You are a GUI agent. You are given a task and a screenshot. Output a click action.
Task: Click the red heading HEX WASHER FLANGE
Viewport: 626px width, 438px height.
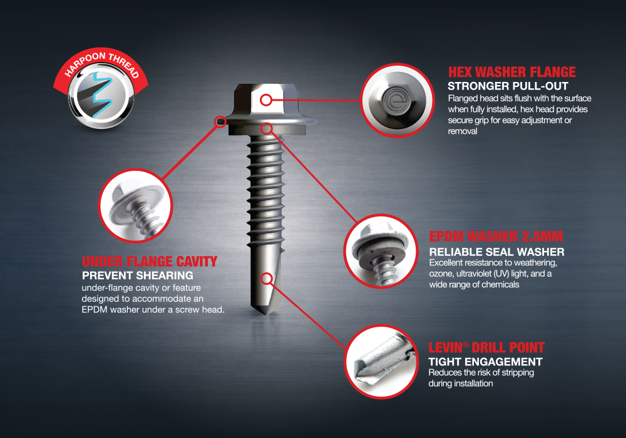[x=512, y=72]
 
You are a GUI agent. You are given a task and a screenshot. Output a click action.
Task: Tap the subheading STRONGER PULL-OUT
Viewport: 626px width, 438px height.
[x=508, y=86]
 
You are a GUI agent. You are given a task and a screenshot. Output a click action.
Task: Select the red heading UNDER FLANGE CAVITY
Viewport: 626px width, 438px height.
[x=150, y=262]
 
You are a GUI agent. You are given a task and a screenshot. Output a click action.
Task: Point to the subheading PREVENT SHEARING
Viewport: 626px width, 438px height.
[x=138, y=276]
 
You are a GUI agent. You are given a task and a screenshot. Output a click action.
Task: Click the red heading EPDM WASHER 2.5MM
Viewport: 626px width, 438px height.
[x=496, y=236]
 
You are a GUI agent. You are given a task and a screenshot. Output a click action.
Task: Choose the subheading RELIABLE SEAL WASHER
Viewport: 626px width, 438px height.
[x=496, y=252]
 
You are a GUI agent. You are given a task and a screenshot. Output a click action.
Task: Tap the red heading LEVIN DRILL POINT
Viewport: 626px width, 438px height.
[x=486, y=347]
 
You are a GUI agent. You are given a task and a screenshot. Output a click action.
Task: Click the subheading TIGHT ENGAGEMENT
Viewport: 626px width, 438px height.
[x=486, y=362]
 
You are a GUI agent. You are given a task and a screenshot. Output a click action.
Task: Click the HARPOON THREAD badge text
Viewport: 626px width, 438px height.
[x=102, y=64]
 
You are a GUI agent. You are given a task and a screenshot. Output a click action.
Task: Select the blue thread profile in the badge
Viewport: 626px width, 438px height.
[x=101, y=95]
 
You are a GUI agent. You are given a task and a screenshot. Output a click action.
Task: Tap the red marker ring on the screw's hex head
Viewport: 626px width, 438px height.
[x=266, y=99]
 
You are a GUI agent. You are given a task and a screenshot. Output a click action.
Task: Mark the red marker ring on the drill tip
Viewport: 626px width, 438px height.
[x=267, y=278]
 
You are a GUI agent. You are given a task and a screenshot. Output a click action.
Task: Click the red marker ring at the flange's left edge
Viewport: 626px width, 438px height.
[x=220, y=121]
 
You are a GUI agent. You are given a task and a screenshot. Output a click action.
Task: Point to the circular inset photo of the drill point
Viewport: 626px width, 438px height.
[x=381, y=362]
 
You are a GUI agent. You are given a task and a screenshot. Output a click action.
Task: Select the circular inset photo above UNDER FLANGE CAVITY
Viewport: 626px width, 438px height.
[x=135, y=206]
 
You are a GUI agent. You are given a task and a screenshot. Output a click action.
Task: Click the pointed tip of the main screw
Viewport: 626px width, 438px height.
[x=265, y=314]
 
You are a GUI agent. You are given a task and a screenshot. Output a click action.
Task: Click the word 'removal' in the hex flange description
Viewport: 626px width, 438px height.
[x=463, y=131]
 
